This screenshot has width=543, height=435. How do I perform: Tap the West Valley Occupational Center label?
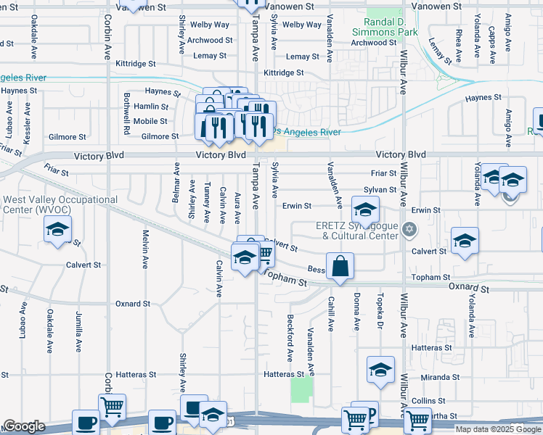[x=60, y=204]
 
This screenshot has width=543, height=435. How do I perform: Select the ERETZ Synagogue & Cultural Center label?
[x=357, y=231]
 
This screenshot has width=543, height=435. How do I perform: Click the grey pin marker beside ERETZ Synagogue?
[x=409, y=230]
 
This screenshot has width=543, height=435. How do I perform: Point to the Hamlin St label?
[x=151, y=107]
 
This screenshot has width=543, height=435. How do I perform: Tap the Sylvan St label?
[x=380, y=190]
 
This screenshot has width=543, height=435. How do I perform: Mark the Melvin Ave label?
[x=145, y=249]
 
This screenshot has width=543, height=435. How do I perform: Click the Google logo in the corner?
[x=25, y=426]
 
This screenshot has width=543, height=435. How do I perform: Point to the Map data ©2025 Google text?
[x=497, y=429]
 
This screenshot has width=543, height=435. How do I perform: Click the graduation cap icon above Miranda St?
[x=380, y=370]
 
